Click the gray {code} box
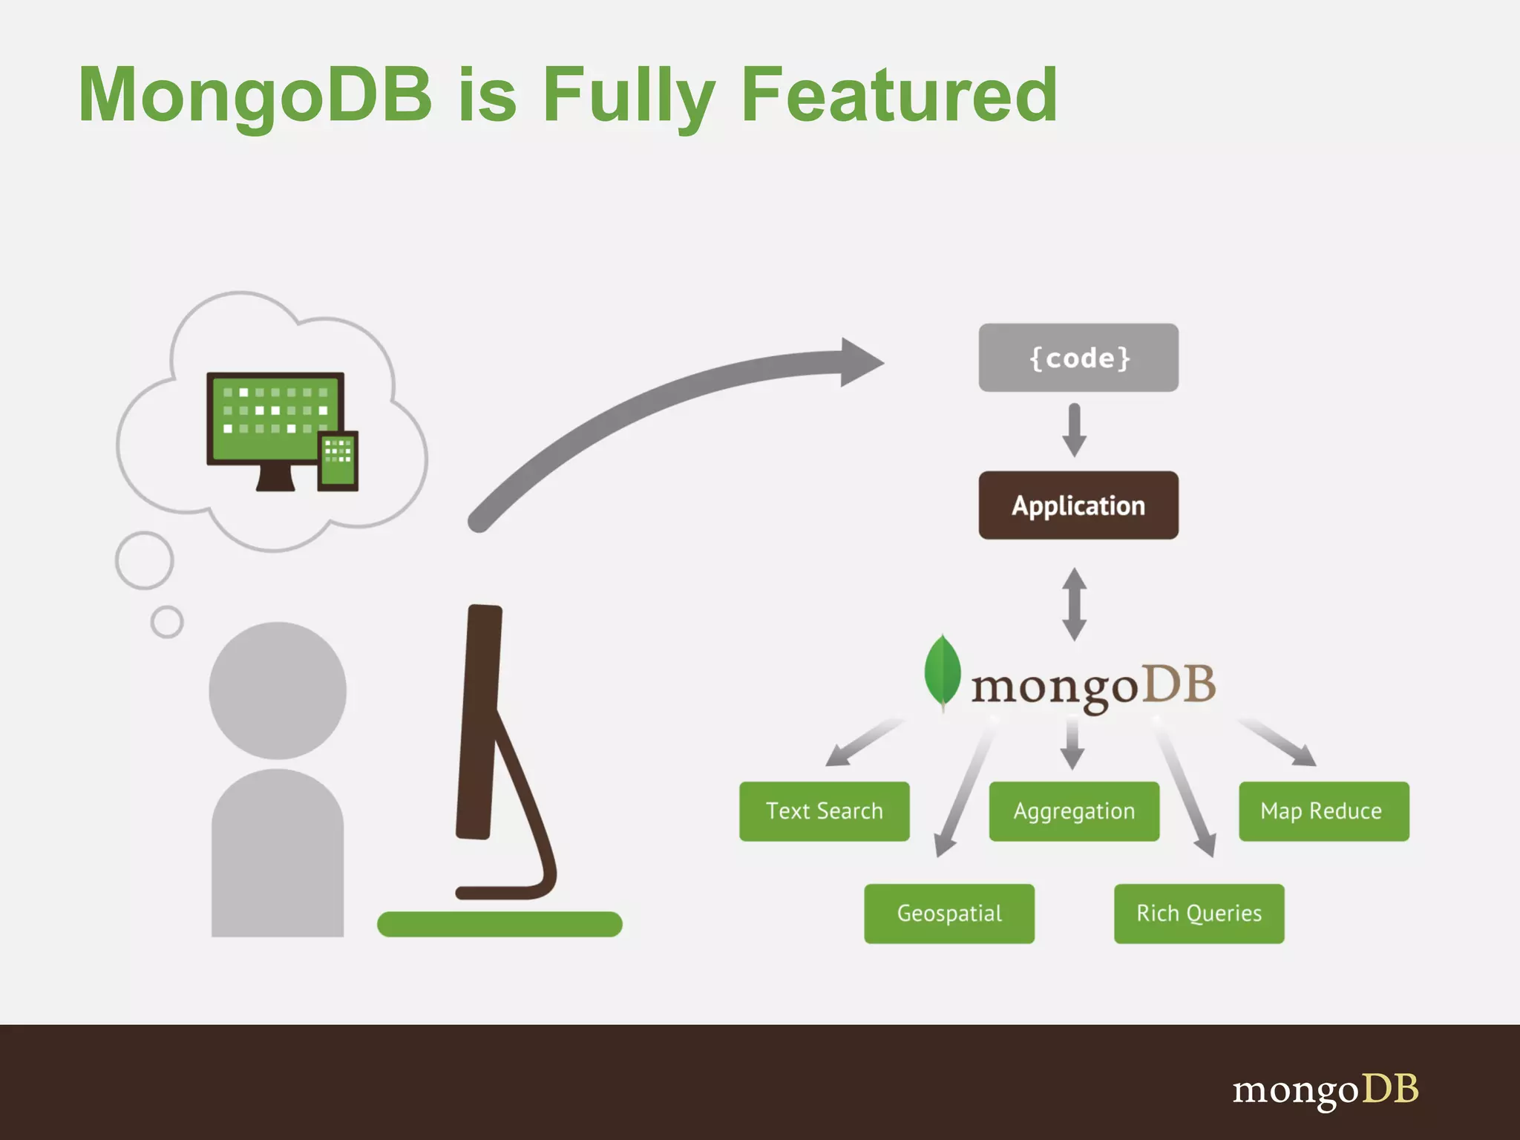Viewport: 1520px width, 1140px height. click(1078, 358)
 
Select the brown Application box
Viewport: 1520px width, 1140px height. click(1078, 505)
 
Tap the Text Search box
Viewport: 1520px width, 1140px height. click(824, 811)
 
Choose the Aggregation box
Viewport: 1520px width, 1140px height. click(1073, 811)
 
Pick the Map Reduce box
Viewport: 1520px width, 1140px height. click(1323, 811)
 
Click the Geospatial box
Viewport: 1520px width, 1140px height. click(949, 914)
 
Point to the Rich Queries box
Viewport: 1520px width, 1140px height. click(1199, 914)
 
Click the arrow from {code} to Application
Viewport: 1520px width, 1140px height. click(1074, 430)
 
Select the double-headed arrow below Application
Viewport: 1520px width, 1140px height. click(1074, 604)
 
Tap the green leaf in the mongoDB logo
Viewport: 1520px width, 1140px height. click(942, 671)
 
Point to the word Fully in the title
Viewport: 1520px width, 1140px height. click(629, 96)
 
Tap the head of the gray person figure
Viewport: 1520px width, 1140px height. click(278, 690)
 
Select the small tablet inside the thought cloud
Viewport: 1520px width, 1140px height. click(338, 460)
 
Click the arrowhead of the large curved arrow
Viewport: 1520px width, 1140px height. click(860, 362)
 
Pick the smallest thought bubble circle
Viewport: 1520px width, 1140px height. click(167, 622)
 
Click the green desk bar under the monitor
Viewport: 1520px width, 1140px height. click(499, 924)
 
